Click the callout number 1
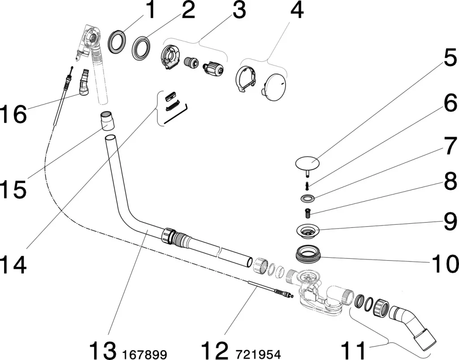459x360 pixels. (150, 10)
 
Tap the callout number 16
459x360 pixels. (13, 115)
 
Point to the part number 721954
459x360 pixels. (259, 355)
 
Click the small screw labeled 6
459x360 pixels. (307, 183)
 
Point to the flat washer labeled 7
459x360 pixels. (307, 197)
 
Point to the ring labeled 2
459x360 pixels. (141, 49)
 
